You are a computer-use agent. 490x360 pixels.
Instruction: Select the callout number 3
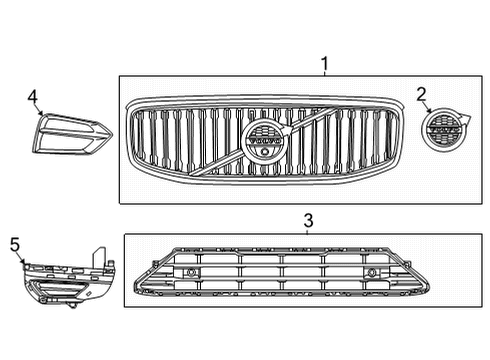tap(309, 219)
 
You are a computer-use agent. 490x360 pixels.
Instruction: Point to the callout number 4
tap(33, 97)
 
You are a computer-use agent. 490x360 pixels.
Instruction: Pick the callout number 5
tap(14, 243)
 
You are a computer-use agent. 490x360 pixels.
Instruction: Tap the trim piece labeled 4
tap(70, 134)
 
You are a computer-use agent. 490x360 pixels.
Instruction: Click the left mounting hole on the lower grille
tap(192, 273)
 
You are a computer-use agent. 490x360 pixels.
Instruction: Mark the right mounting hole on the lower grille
tap(372, 273)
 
